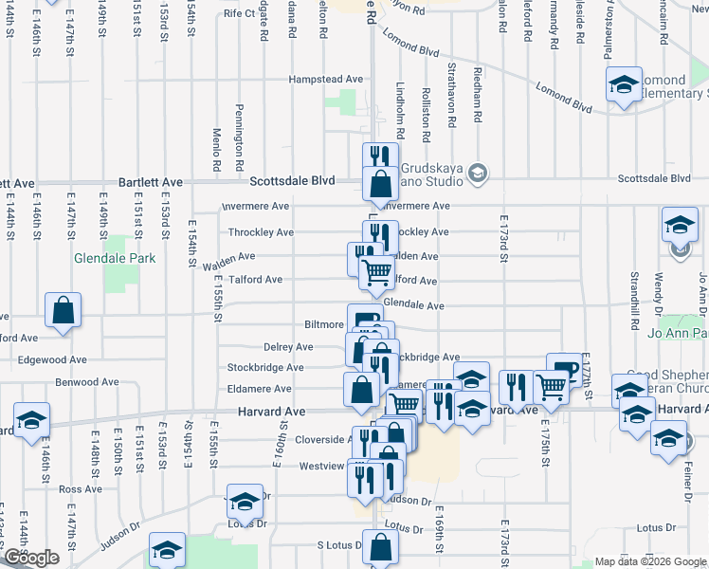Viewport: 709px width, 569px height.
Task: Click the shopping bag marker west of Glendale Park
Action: (63, 311)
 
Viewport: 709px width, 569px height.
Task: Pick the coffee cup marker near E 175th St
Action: (564, 369)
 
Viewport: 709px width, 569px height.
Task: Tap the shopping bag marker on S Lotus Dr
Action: (380, 548)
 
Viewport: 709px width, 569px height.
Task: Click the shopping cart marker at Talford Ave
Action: (377, 273)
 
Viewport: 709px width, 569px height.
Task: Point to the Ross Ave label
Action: (73, 489)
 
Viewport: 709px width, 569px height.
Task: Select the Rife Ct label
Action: (240, 14)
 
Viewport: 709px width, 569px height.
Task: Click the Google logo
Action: (31, 558)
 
